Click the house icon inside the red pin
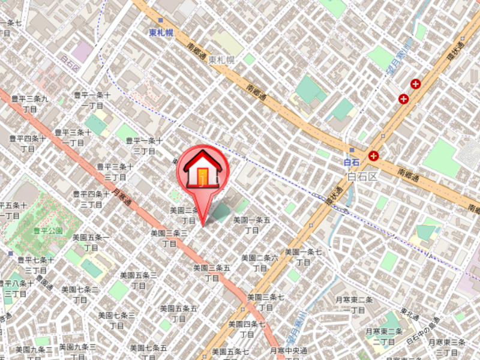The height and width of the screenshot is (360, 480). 203,170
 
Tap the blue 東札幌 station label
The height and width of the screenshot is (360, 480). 161,33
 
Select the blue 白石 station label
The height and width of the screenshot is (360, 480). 350,162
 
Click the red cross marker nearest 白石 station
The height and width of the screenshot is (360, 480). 374,156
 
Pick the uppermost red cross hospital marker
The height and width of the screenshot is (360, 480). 415,84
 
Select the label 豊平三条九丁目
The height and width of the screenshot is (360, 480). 29,104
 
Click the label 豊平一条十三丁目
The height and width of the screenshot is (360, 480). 144,145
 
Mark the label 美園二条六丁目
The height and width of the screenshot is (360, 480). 260,262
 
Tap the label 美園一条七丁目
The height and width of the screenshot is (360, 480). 303,257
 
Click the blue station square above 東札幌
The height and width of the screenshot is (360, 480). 161,20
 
